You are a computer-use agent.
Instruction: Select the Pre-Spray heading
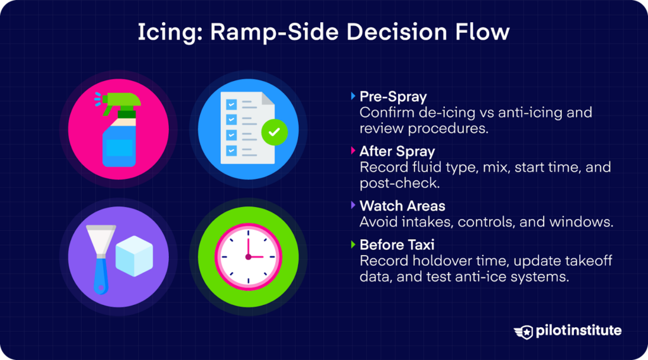(393, 97)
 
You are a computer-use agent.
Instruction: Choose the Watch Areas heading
(402, 206)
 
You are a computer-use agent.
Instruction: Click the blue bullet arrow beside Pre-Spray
(353, 97)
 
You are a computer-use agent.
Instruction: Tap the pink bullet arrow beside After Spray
(353, 152)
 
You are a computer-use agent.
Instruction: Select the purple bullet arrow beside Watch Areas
(353, 206)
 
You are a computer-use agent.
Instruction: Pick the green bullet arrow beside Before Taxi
(353, 245)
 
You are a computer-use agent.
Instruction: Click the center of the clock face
(248, 257)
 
